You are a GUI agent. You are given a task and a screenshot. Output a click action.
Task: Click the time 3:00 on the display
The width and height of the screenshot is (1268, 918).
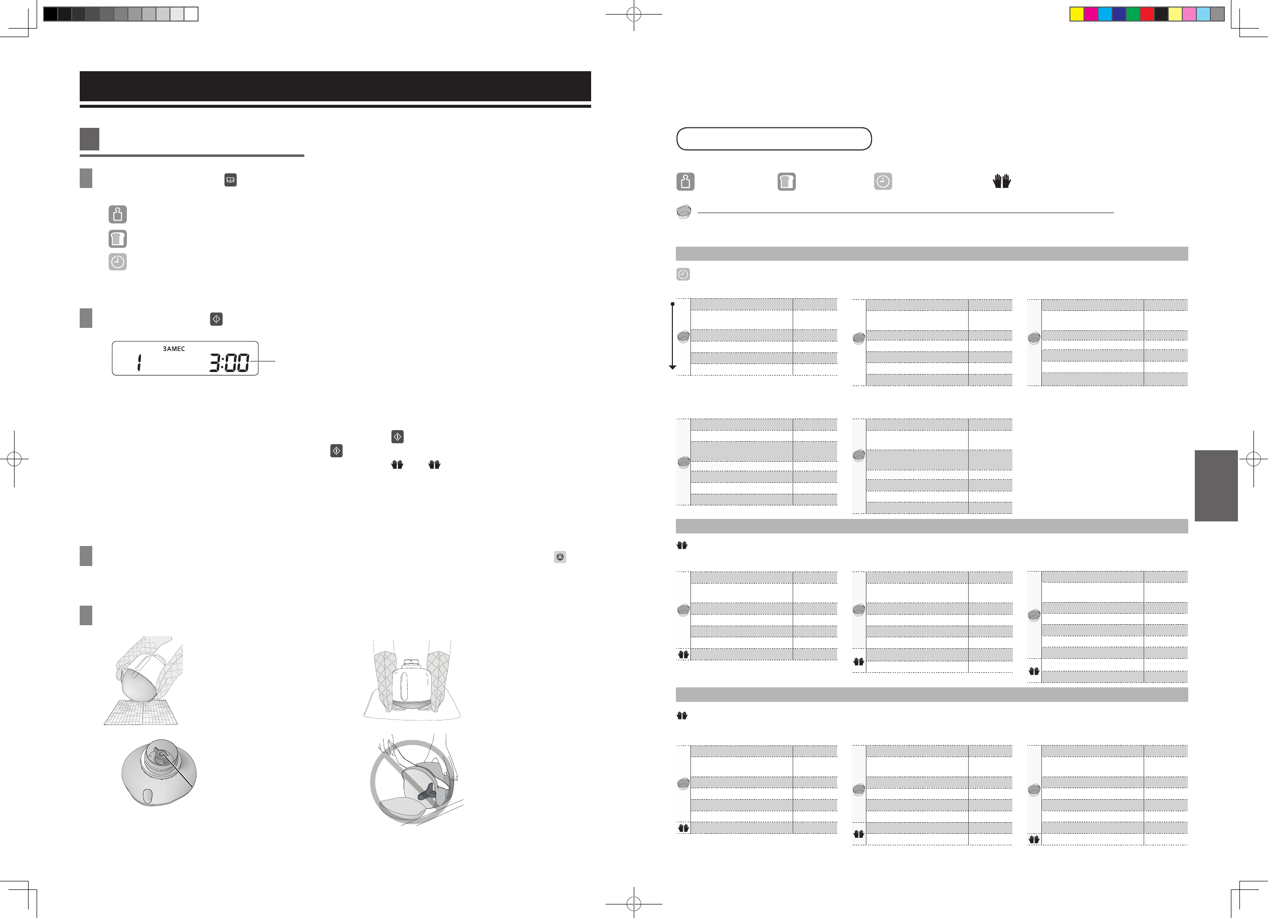coord(229,362)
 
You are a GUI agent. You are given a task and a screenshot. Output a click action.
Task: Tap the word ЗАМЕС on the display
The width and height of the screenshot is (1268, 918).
coord(174,349)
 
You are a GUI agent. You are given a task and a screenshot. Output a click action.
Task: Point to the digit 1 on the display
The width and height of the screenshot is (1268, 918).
coord(139,362)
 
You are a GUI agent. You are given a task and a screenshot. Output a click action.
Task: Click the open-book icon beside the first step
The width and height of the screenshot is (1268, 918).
coord(230,180)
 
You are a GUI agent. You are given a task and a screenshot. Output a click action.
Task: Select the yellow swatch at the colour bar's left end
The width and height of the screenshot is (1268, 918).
coord(1077,14)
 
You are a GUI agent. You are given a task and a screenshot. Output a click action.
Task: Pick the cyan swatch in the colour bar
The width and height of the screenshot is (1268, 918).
coord(1105,14)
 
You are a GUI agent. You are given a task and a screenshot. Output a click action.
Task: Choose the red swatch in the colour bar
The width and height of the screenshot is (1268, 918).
coord(1147,14)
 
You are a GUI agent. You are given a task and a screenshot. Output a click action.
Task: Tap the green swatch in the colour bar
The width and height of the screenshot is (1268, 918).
coord(1133,14)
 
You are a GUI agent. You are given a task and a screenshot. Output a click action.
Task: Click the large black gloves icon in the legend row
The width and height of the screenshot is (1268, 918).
coord(1001,181)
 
